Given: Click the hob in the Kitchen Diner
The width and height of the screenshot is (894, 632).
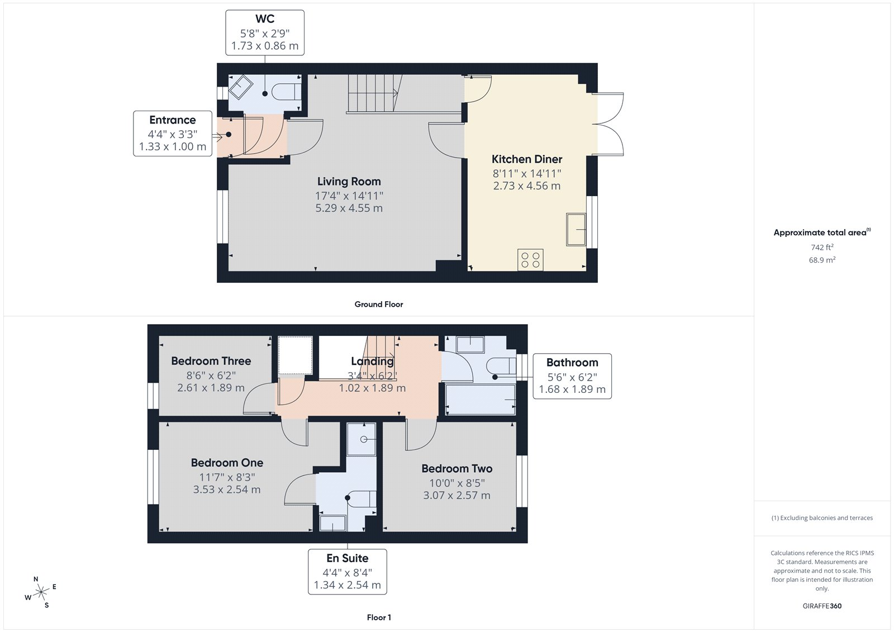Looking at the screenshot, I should coord(530,260).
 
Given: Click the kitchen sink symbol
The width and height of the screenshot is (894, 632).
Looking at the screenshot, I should coord(576,229).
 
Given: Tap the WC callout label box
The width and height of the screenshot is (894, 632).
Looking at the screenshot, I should coord(265,32).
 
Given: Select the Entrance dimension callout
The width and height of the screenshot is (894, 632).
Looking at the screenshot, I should coord(173,134).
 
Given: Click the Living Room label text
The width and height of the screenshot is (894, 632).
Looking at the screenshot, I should coord(349,182).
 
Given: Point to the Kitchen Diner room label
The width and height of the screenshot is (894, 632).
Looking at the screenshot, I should coord(526,160).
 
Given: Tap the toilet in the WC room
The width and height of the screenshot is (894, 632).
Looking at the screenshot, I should coord(288,91).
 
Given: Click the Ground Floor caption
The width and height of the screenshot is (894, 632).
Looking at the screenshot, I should coord(378,305).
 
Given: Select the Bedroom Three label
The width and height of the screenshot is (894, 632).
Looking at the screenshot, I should coord(211,362).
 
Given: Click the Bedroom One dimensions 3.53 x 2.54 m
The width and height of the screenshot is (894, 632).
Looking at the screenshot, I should coord(226,490).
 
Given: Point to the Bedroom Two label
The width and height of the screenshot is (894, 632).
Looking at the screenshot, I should coord(456,469).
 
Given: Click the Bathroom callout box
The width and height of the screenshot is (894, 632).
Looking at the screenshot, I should coord(572,376).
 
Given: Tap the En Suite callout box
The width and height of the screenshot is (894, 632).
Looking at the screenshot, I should coord(347,572).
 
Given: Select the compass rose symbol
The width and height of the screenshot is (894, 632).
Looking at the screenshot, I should coord(40,593).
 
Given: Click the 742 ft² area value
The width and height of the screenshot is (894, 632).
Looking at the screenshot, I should coord(822,247).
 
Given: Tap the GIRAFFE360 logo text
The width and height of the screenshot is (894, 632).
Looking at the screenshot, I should coord(822,606).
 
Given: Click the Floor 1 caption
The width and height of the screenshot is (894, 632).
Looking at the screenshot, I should coord(379,617).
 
